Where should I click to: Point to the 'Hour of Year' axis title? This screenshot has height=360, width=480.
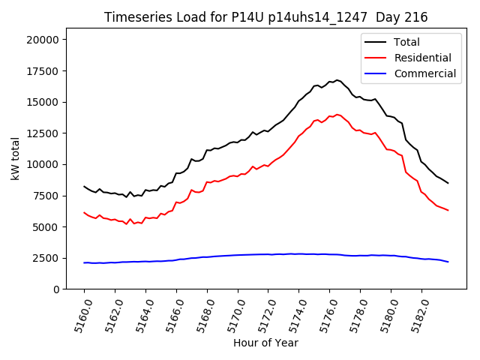pos(265,343)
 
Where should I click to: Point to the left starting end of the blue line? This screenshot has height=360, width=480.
pos(84,262)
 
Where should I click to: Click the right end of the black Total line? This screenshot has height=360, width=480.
pos(448,183)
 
